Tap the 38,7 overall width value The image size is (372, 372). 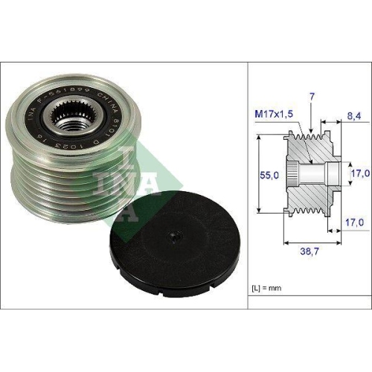pos(310,254)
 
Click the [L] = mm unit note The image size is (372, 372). pos(269,286)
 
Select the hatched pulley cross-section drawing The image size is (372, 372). pos(312,175)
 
